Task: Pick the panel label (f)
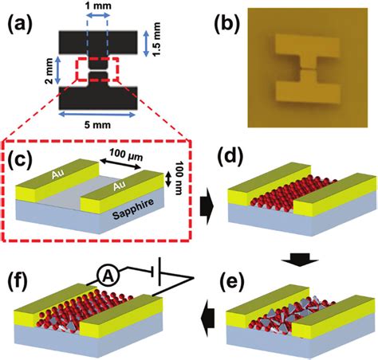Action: click(x=23, y=280)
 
